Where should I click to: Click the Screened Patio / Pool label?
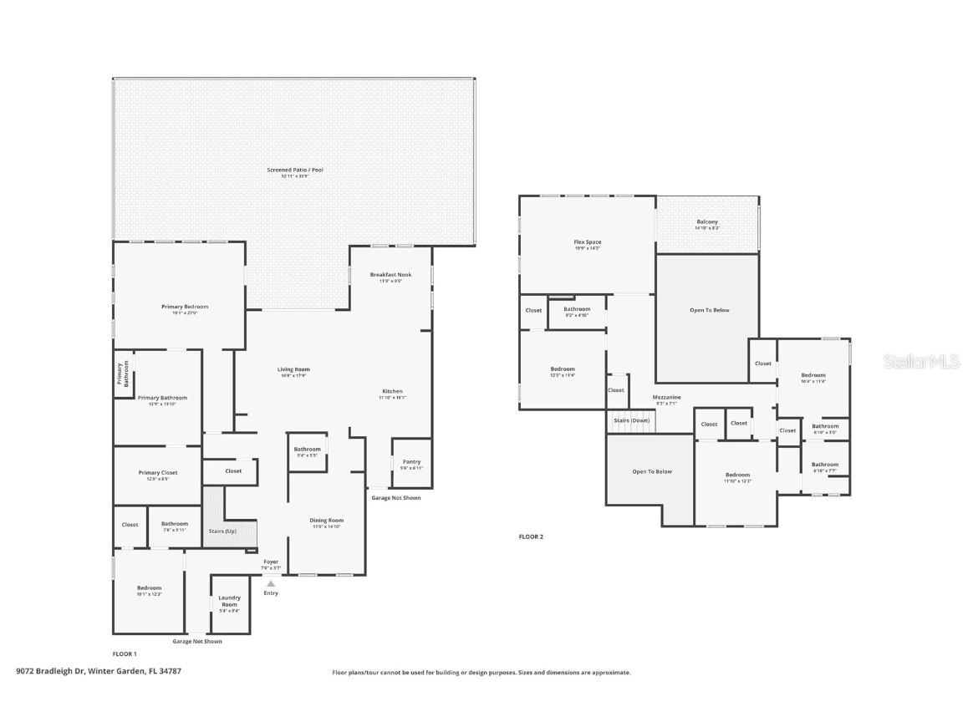pos(294,170)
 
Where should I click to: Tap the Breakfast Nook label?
pos(390,275)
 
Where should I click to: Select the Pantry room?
pos(411,463)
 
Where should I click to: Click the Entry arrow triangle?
pos(270,584)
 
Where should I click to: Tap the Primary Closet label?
pos(158,473)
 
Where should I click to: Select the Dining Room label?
pos(328,521)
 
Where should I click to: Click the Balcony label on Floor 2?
pos(707,222)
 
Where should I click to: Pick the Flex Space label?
pos(587,242)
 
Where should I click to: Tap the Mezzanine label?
pos(666,397)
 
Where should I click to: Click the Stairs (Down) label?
pos(631,420)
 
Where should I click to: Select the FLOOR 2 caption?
pos(531,536)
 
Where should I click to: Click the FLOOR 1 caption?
pos(125,653)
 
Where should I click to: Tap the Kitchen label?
pos(392,391)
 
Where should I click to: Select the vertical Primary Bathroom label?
pos(123,374)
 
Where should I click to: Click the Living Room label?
pos(293,369)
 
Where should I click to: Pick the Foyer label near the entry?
pos(271,562)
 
